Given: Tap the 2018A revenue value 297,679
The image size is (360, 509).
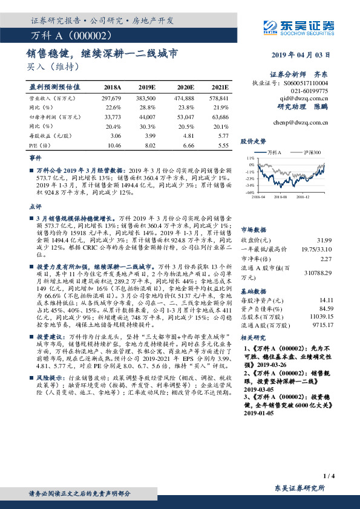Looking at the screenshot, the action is tap(112, 97).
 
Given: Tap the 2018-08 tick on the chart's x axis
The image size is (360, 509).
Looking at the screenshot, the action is tap(280, 196).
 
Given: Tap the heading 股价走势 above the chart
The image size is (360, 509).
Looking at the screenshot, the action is tap(253, 141).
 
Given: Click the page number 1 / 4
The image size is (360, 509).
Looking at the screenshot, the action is tap(329, 476).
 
